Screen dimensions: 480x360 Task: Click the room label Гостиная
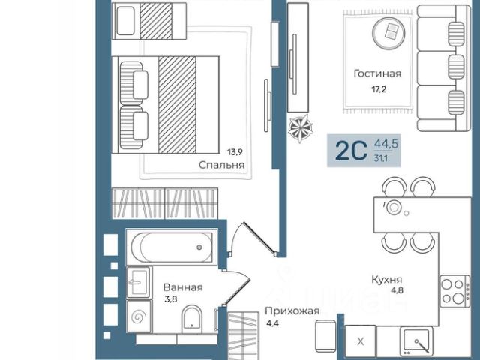coord(377,73)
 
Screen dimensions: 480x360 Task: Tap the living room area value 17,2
coord(379,89)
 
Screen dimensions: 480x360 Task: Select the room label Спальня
coord(222,165)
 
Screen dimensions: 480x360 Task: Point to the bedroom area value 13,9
coord(235,151)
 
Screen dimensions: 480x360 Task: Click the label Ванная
coord(183,287)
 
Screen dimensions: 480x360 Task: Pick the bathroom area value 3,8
coord(171,299)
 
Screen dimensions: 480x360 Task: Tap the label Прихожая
coord(292,311)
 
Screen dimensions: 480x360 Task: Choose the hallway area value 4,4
coord(272,323)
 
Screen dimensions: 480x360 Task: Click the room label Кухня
coord(387,280)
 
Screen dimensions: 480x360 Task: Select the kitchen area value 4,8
coord(397,290)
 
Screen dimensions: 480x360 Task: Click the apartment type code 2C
coord(351,151)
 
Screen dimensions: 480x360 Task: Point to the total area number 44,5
coord(386,143)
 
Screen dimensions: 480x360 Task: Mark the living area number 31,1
coord(380,158)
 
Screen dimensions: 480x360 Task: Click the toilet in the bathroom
coord(192,319)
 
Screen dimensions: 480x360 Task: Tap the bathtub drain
coord(199,247)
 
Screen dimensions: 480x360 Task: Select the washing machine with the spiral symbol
coord(139,316)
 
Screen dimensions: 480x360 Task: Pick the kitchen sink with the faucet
coord(416,340)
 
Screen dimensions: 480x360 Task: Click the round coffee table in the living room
coord(388,33)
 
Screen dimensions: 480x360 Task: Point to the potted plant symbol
coord(300,128)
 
